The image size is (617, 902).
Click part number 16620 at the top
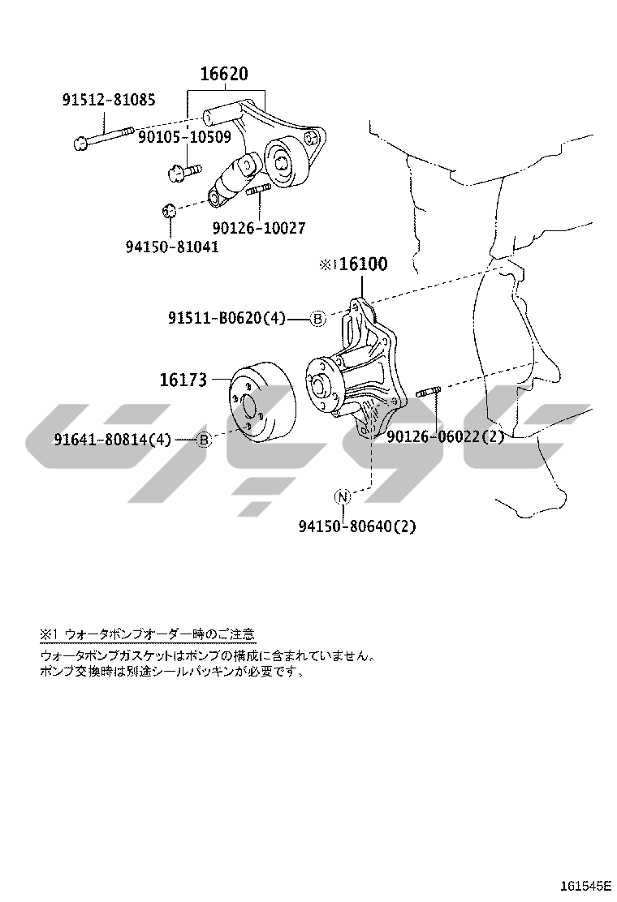(x=224, y=74)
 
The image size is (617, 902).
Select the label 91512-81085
(x=109, y=100)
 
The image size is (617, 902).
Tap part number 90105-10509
(x=184, y=137)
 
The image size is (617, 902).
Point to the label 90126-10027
(x=259, y=228)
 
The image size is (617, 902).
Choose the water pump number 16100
(x=363, y=264)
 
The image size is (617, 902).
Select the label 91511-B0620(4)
(x=227, y=317)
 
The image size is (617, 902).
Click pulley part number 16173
(x=183, y=380)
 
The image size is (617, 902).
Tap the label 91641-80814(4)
(x=113, y=440)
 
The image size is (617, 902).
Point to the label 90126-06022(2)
(x=446, y=436)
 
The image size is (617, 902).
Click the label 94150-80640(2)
(x=357, y=526)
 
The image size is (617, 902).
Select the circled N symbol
(x=343, y=496)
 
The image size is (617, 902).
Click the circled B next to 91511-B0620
(x=318, y=317)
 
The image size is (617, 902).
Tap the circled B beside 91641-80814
(x=204, y=440)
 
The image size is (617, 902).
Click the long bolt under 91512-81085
(x=104, y=135)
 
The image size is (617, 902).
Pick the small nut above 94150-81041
(x=168, y=210)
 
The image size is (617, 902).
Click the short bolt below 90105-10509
(x=183, y=170)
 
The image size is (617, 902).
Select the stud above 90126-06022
(x=430, y=393)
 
